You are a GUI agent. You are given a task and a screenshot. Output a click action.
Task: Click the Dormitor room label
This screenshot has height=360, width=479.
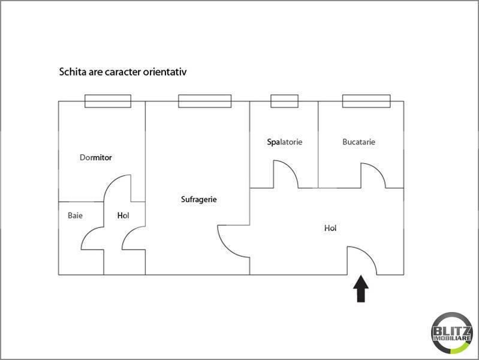[95, 158]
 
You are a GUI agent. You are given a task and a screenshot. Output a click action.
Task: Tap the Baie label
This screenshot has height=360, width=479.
[75, 215]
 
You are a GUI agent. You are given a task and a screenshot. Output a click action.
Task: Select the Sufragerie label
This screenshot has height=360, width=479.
[199, 199]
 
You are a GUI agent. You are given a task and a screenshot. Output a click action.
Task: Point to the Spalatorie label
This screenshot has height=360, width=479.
[285, 142]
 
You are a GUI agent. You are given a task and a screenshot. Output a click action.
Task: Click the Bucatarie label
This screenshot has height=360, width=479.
[359, 142]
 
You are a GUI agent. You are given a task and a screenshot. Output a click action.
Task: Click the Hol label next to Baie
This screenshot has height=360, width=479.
[123, 215]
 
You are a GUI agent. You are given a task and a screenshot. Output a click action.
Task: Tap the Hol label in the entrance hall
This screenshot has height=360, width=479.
[330, 228]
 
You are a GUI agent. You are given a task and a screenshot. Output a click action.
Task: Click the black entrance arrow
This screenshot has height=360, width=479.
[361, 289]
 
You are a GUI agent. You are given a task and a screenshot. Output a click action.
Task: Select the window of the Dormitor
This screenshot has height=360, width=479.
[108, 101]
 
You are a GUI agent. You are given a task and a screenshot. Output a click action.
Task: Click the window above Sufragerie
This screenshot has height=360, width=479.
[204, 101]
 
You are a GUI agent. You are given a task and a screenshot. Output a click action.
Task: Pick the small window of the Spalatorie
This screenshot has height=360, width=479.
[284, 101]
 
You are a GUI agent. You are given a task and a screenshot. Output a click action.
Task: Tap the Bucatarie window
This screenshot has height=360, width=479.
[366, 101]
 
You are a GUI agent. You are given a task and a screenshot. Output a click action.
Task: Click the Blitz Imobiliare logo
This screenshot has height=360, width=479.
[452, 333]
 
